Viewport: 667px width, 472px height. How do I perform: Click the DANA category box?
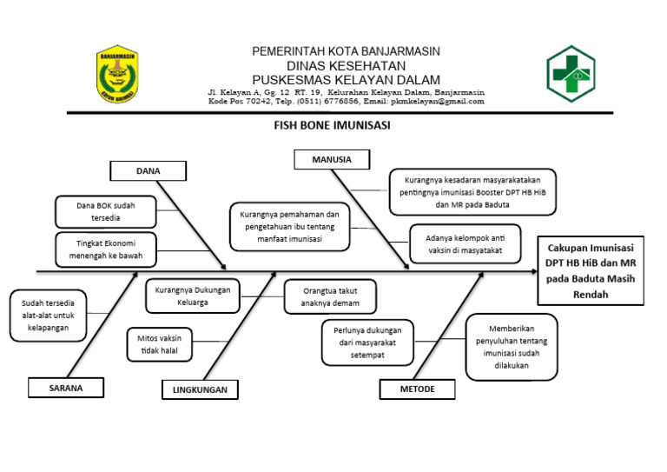tap(148, 171)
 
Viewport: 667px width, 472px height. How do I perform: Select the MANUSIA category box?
tap(331, 160)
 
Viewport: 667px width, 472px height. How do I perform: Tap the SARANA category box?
tap(66, 389)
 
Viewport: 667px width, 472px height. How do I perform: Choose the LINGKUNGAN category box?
tap(199, 390)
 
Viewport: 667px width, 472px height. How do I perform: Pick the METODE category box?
tap(417, 389)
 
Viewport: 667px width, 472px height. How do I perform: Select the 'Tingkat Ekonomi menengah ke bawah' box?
tap(105, 249)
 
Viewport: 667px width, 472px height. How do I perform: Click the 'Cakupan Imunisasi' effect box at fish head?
tap(591, 269)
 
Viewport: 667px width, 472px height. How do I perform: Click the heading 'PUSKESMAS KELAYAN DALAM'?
tap(346, 79)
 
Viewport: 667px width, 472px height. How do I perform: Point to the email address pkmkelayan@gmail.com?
tap(440, 102)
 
